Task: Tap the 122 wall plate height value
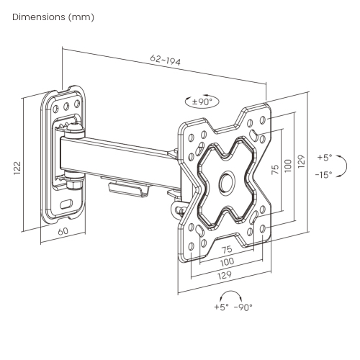tap(17, 167)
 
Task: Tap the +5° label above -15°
tap(324, 158)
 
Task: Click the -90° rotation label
tap(243, 307)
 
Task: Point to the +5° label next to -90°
tap(220, 307)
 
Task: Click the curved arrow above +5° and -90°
tap(231, 294)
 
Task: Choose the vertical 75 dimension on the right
tap(274, 168)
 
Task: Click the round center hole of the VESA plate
tap(228, 182)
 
